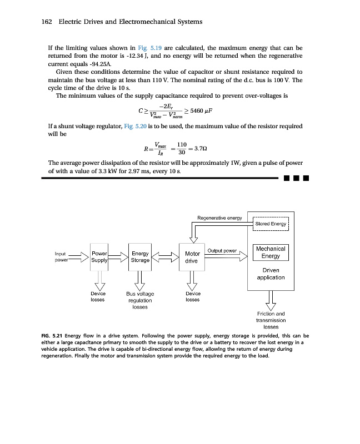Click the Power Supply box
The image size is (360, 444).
pyautogui.click(x=100, y=256)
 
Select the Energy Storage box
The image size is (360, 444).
pyautogui.click(x=141, y=256)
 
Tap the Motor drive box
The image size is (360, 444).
pyautogui.click(x=192, y=257)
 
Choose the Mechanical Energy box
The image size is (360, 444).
pyautogui.click(x=271, y=253)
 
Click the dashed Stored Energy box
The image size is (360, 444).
pyautogui.click(x=271, y=224)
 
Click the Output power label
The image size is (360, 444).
pyautogui.click(x=222, y=250)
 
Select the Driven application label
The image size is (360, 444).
pyautogui.click(x=271, y=274)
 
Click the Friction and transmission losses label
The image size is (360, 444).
pyautogui.click(x=271, y=320)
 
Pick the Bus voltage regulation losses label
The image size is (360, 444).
pyautogui.click(x=140, y=300)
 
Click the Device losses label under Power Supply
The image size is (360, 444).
pyautogui.click(x=99, y=296)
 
